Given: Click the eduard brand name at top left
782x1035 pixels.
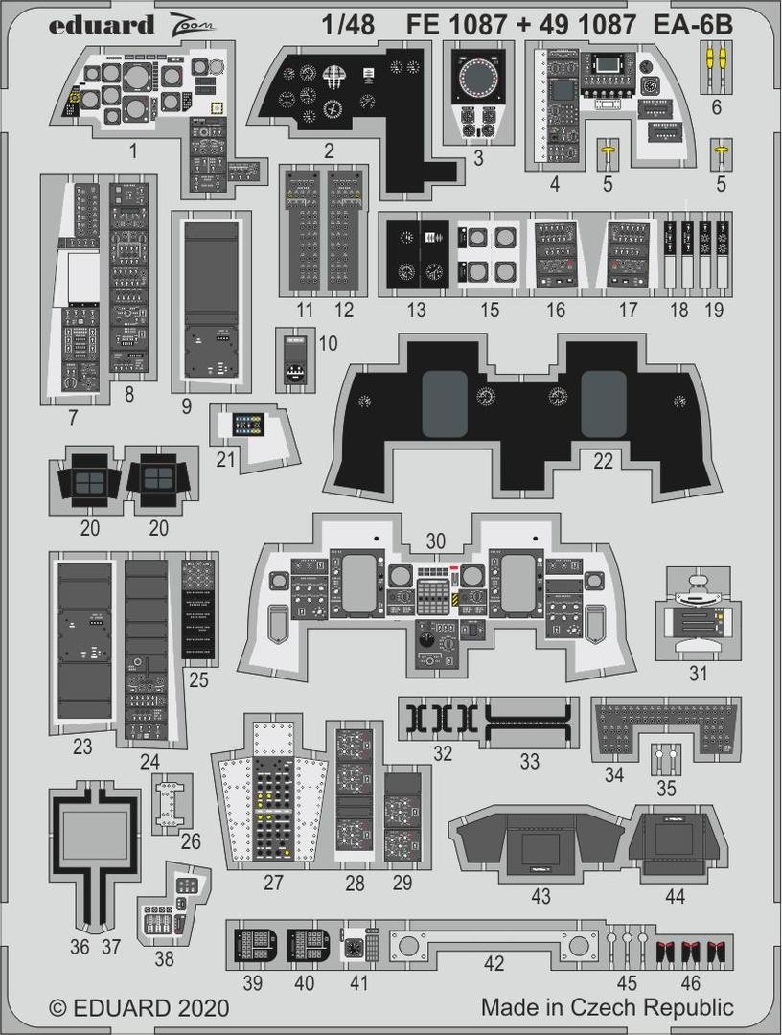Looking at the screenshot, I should (x=101, y=25).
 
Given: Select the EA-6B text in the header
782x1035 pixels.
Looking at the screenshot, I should (x=696, y=26).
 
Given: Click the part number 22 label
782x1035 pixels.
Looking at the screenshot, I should (x=603, y=461).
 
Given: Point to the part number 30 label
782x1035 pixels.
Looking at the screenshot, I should (x=436, y=541).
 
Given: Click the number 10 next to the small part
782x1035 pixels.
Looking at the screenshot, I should (x=328, y=344).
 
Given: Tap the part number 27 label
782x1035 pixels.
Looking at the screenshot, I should (x=274, y=883).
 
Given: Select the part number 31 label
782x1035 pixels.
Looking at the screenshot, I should (x=698, y=673).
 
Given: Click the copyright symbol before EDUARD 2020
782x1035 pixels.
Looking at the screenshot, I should (x=59, y=1008).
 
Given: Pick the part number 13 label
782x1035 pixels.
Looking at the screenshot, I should (x=416, y=310).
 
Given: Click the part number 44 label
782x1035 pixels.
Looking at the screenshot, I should (x=676, y=897).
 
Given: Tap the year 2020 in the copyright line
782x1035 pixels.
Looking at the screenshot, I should (x=203, y=1008).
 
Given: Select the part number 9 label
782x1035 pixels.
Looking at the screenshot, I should (x=186, y=405).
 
